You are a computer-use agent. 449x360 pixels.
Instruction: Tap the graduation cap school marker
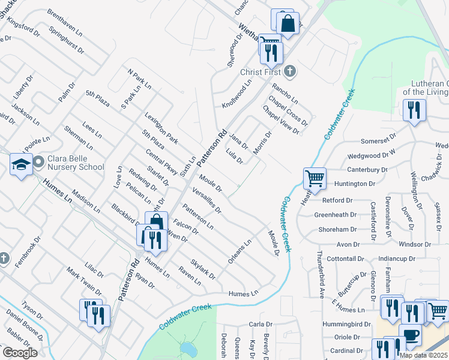tap(21, 165)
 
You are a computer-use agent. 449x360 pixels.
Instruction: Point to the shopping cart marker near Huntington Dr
tap(314, 178)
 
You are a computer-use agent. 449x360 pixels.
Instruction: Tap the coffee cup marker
tap(410, 335)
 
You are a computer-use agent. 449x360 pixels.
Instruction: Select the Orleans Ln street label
tap(240, 252)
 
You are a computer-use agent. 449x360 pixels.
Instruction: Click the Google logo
tap(19, 353)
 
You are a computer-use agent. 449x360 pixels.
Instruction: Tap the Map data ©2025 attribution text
tap(423, 355)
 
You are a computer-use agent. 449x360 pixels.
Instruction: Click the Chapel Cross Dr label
tap(289, 111)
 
